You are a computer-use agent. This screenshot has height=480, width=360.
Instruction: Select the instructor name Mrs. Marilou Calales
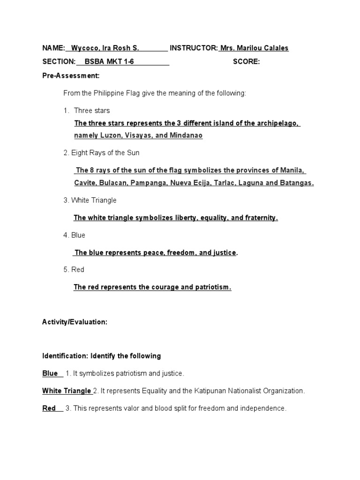[255, 48]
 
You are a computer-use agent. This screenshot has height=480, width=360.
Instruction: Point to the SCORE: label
[246, 62]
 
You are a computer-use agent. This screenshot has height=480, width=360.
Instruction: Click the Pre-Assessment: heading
[71, 75]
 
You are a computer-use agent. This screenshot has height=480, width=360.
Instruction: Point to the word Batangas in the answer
[296, 183]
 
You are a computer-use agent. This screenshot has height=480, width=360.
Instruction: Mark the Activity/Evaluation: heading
[75, 322]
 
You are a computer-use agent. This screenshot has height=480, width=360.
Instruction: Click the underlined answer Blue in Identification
[50, 374]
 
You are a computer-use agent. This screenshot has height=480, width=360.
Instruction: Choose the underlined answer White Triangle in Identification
[67, 391]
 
